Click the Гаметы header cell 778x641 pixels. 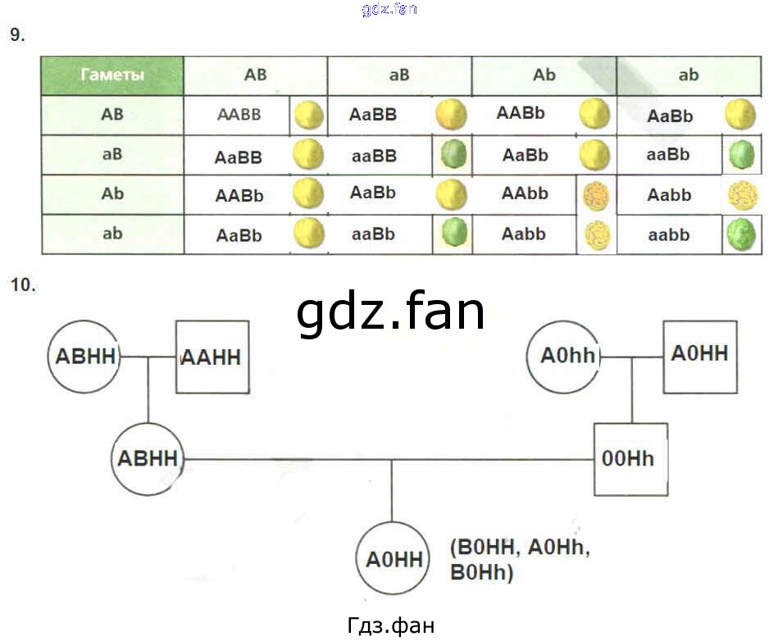coord(112,75)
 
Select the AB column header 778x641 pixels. coord(255,75)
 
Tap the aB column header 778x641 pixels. coord(399,75)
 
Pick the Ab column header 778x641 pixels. coord(544,75)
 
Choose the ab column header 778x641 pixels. coord(689,75)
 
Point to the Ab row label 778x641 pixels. coord(112,194)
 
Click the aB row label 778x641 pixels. coord(112,154)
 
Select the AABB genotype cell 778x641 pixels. coord(239,115)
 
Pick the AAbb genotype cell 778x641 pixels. coord(525,194)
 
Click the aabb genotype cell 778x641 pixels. coord(668,234)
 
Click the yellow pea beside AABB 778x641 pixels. coord(309,115)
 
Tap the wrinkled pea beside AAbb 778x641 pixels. coord(596,196)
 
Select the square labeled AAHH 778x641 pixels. coord(211,357)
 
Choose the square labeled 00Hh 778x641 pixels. coord(628,459)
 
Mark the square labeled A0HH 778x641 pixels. coord(699,356)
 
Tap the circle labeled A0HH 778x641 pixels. coord(393,561)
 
